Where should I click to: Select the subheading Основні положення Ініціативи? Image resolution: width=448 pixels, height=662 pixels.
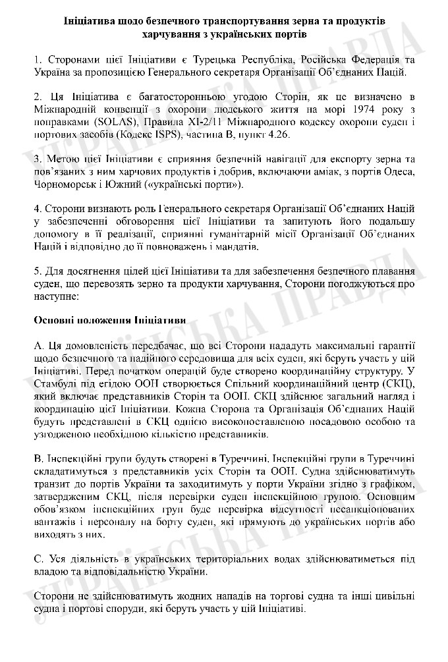(109, 319)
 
